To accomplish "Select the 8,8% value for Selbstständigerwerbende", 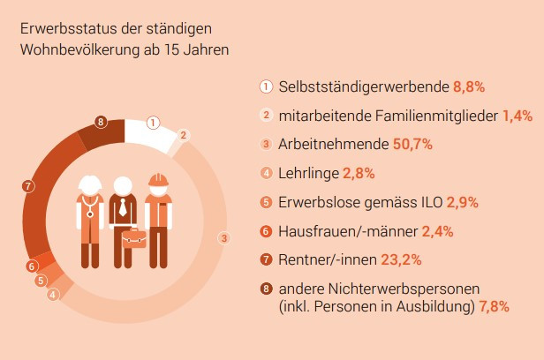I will coord(470,86).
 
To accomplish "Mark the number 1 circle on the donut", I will coord(154,123).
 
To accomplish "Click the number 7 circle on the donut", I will coord(29,186).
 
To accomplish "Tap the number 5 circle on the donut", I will coord(41,281).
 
